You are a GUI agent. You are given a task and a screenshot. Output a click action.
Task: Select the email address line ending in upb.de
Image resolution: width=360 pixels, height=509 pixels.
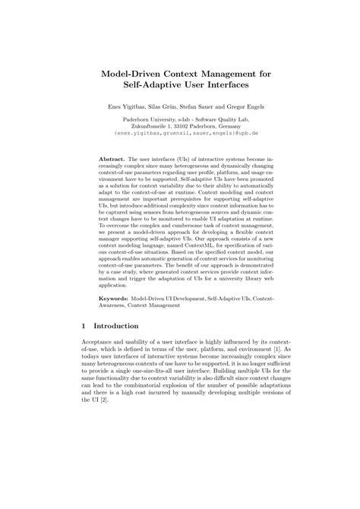(x=179, y=132)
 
